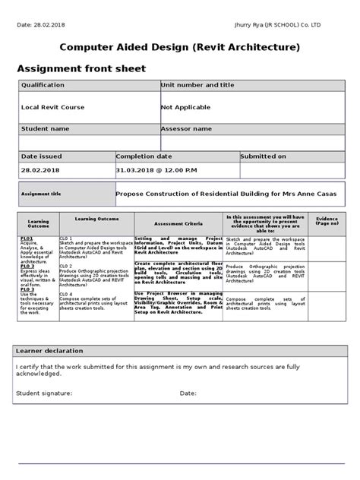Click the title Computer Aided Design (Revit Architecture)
(180, 48)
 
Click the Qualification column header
(43, 86)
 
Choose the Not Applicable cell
(185, 108)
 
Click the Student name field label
(45, 129)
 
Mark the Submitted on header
(264, 156)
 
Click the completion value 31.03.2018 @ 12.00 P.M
(156, 171)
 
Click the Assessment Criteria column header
(178, 225)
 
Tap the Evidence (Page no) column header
(327, 221)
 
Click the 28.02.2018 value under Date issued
(40, 171)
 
